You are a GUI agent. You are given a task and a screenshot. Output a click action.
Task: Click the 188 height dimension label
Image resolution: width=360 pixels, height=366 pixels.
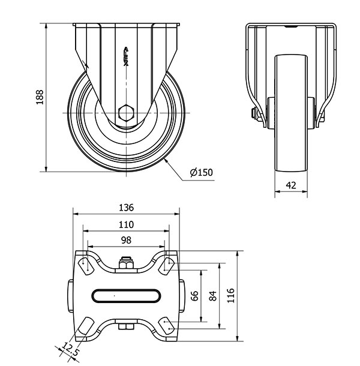[x=40, y=97]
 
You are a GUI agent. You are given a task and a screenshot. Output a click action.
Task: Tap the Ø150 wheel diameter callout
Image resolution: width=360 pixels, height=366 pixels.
[x=201, y=172]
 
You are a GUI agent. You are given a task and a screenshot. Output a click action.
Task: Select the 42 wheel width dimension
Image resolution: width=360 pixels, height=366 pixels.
[x=291, y=185]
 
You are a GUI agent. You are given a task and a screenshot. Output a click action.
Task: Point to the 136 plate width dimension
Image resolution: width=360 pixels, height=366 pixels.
[x=127, y=208]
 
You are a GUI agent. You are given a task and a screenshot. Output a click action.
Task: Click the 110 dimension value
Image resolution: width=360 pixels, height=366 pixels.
[x=127, y=225]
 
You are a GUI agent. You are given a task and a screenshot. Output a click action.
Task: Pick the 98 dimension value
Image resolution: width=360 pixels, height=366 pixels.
[x=127, y=240]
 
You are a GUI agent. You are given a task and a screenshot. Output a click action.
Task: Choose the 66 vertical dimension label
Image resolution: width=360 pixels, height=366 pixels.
[x=194, y=296]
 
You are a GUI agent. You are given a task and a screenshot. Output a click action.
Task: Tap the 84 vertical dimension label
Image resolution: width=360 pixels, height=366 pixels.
[x=212, y=296]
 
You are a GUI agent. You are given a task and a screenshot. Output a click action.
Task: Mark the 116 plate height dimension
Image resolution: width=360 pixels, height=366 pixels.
[x=230, y=296]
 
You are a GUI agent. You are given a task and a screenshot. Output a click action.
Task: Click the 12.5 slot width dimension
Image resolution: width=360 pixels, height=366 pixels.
[x=70, y=349]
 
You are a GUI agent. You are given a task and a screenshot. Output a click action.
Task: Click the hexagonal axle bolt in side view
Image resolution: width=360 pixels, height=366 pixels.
[x=126, y=113]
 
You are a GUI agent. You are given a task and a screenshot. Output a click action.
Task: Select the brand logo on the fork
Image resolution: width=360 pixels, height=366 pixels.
[x=126, y=56]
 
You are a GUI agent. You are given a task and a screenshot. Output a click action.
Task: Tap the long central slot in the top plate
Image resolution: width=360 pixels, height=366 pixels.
[x=126, y=296]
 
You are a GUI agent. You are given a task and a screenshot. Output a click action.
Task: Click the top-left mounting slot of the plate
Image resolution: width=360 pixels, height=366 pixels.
[x=86, y=266]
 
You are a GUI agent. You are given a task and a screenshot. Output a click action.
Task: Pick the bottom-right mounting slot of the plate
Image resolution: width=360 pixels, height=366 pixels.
[x=166, y=326]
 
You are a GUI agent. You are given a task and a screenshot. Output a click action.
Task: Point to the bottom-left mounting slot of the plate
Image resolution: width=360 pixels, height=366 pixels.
[x=86, y=326]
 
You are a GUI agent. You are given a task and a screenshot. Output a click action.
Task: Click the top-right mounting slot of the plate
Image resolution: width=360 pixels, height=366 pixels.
[x=166, y=266]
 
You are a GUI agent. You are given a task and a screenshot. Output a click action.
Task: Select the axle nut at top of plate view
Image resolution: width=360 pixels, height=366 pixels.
[x=126, y=263]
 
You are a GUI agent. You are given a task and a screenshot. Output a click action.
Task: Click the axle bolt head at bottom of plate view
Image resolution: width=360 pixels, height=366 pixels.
[x=126, y=326]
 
